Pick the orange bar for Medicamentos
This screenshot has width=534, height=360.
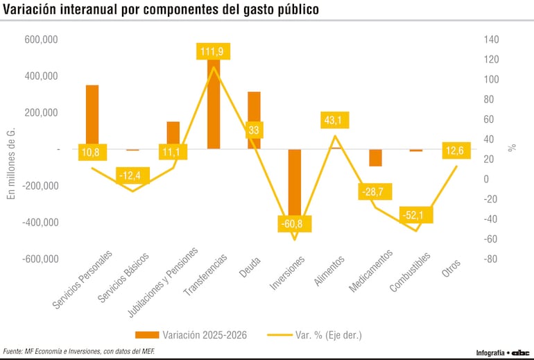[375, 157]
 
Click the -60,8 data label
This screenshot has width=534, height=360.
[295, 224]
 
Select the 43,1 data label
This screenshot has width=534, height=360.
[334, 120]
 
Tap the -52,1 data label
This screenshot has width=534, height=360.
[416, 215]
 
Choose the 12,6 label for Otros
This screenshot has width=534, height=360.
[456, 151]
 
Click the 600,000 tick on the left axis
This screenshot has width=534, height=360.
[42, 40]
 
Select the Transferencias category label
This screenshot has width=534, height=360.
[205, 277]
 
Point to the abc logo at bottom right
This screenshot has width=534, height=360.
[520, 352]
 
